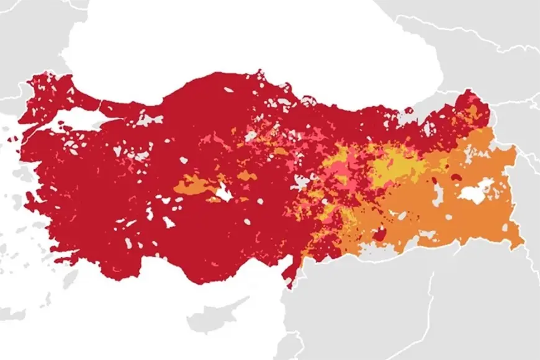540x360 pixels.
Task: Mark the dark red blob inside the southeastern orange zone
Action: (x=379, y=234)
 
